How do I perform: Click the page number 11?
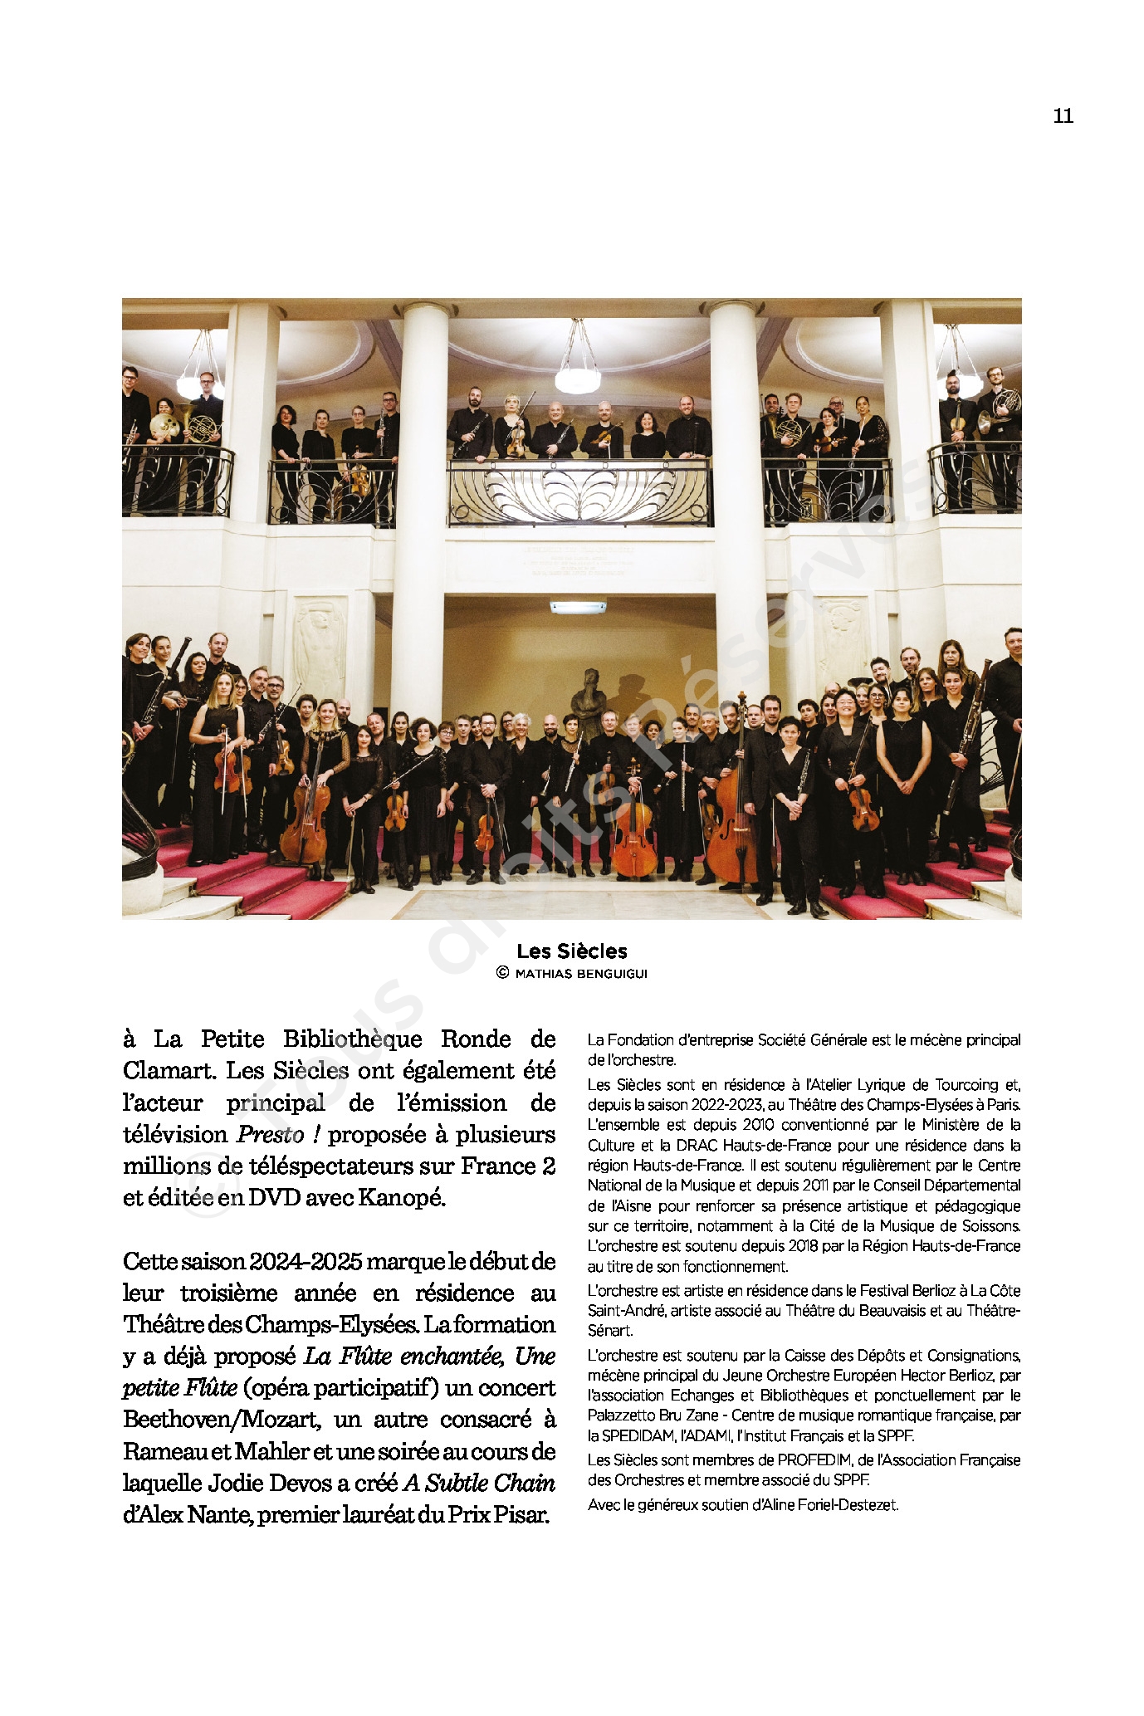(1063, 116)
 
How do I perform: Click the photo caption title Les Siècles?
(571, 951)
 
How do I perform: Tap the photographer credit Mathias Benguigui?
(580, 974)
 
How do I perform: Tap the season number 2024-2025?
(306, 1262)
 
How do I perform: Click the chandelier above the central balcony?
(578, 369)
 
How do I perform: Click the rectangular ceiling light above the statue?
(578, 608)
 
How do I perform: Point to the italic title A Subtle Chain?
(479, 1484)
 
